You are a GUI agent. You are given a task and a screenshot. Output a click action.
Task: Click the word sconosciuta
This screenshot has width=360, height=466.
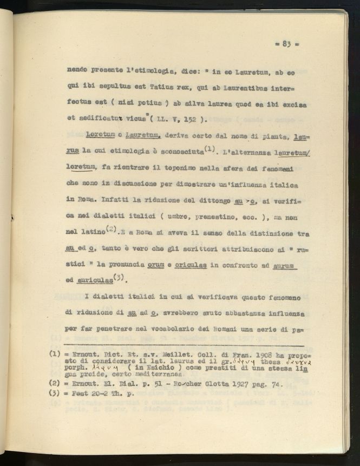tap(175, 151)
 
